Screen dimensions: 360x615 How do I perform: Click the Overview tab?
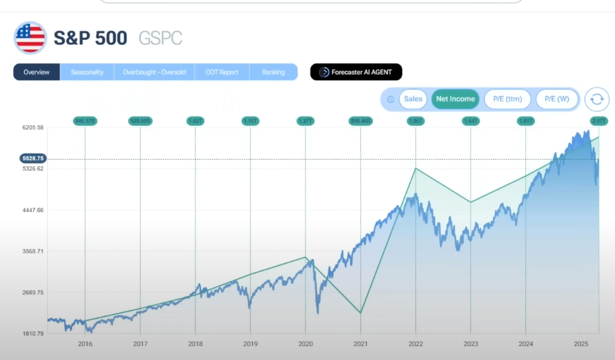pos(36,72)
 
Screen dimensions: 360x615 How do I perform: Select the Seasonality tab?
pos(87,72)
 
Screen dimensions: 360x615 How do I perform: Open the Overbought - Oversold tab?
pos(154,72)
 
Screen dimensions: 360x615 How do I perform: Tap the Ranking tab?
pos(273,72)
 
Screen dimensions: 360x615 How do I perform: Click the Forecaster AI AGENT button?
pos(356,72)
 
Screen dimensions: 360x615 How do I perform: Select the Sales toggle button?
pos(413,99)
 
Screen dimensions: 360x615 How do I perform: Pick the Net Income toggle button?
pos(454,99)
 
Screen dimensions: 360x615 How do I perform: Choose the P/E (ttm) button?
pos(507,99)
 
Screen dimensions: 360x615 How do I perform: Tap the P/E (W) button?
pos(557,99)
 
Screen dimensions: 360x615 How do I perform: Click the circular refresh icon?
pos(597,99)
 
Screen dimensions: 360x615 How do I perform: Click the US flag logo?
pos(30,38)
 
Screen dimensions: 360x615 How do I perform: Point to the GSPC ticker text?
pos(160,38)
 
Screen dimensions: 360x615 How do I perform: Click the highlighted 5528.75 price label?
pos(32,159)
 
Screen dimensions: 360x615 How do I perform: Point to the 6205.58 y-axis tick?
pos(32,127)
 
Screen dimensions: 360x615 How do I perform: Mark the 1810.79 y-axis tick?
pos(32,333)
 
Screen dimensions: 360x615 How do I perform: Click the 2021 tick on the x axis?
pos(360,344)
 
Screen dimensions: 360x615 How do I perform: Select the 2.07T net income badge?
pos(598,121)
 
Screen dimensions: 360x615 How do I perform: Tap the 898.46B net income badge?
pos(360,121)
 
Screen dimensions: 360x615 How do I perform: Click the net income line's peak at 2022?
pos(415,168)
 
